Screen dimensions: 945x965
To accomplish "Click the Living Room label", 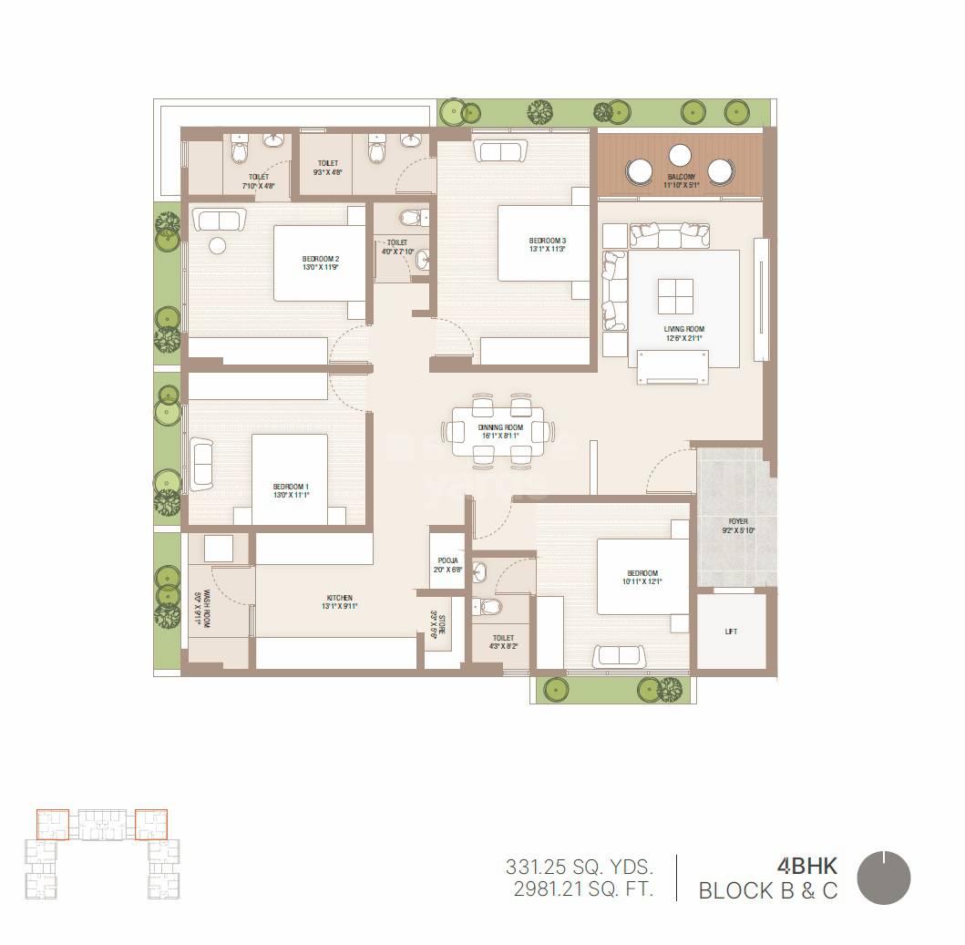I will click(x=683, y=329).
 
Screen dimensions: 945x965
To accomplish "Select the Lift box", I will click(x=731, y=631).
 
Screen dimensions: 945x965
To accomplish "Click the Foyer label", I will click(x=737, y=522).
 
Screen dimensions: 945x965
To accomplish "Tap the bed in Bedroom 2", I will click(x=311, y=263).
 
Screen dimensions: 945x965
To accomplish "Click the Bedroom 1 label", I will click(x=291, y=488).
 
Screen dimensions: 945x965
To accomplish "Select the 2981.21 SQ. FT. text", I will click(x=580, y=889).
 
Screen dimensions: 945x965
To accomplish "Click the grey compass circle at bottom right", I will click(x=884, y=878).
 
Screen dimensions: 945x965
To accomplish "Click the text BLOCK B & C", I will click(x=767, y=890).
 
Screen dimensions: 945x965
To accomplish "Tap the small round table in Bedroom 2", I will click(x=217, y=246).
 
